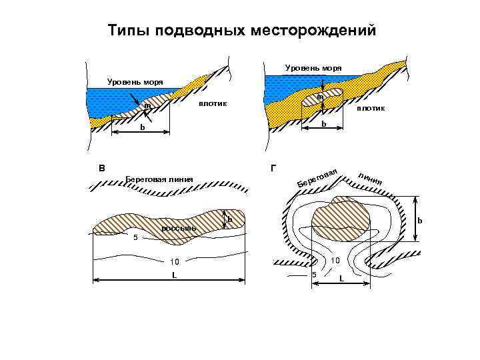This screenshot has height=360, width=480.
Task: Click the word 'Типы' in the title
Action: click(x=125, y=31)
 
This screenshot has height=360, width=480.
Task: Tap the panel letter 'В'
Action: click(x=101, y=168)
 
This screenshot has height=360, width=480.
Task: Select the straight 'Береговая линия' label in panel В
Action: click(x=159, y=179)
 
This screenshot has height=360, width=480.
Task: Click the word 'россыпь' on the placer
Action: click(x=179, y=229)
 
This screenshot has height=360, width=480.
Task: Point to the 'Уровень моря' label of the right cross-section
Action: click(x=313, y=68)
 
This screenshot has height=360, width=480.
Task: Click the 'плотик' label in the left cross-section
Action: click(x=212, y=103)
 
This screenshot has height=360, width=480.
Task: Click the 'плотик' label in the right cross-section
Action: click(x=371, y=108)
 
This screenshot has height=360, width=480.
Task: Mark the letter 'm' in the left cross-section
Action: click(x=147, y=105)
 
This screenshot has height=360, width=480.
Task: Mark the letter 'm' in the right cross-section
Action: click(x=320, y=97)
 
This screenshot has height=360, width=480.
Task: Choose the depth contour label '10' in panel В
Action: click(x=175, y=261)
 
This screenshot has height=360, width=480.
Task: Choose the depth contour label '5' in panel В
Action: click(x=135, y=237)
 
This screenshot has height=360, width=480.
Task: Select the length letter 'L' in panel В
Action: click(x=174, y=274)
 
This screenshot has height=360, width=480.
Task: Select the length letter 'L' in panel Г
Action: click(x=341, y=278)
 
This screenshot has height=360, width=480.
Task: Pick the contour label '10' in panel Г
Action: click(x=335, y=260)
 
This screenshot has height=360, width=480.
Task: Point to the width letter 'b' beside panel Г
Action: click(x=419, y=221)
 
